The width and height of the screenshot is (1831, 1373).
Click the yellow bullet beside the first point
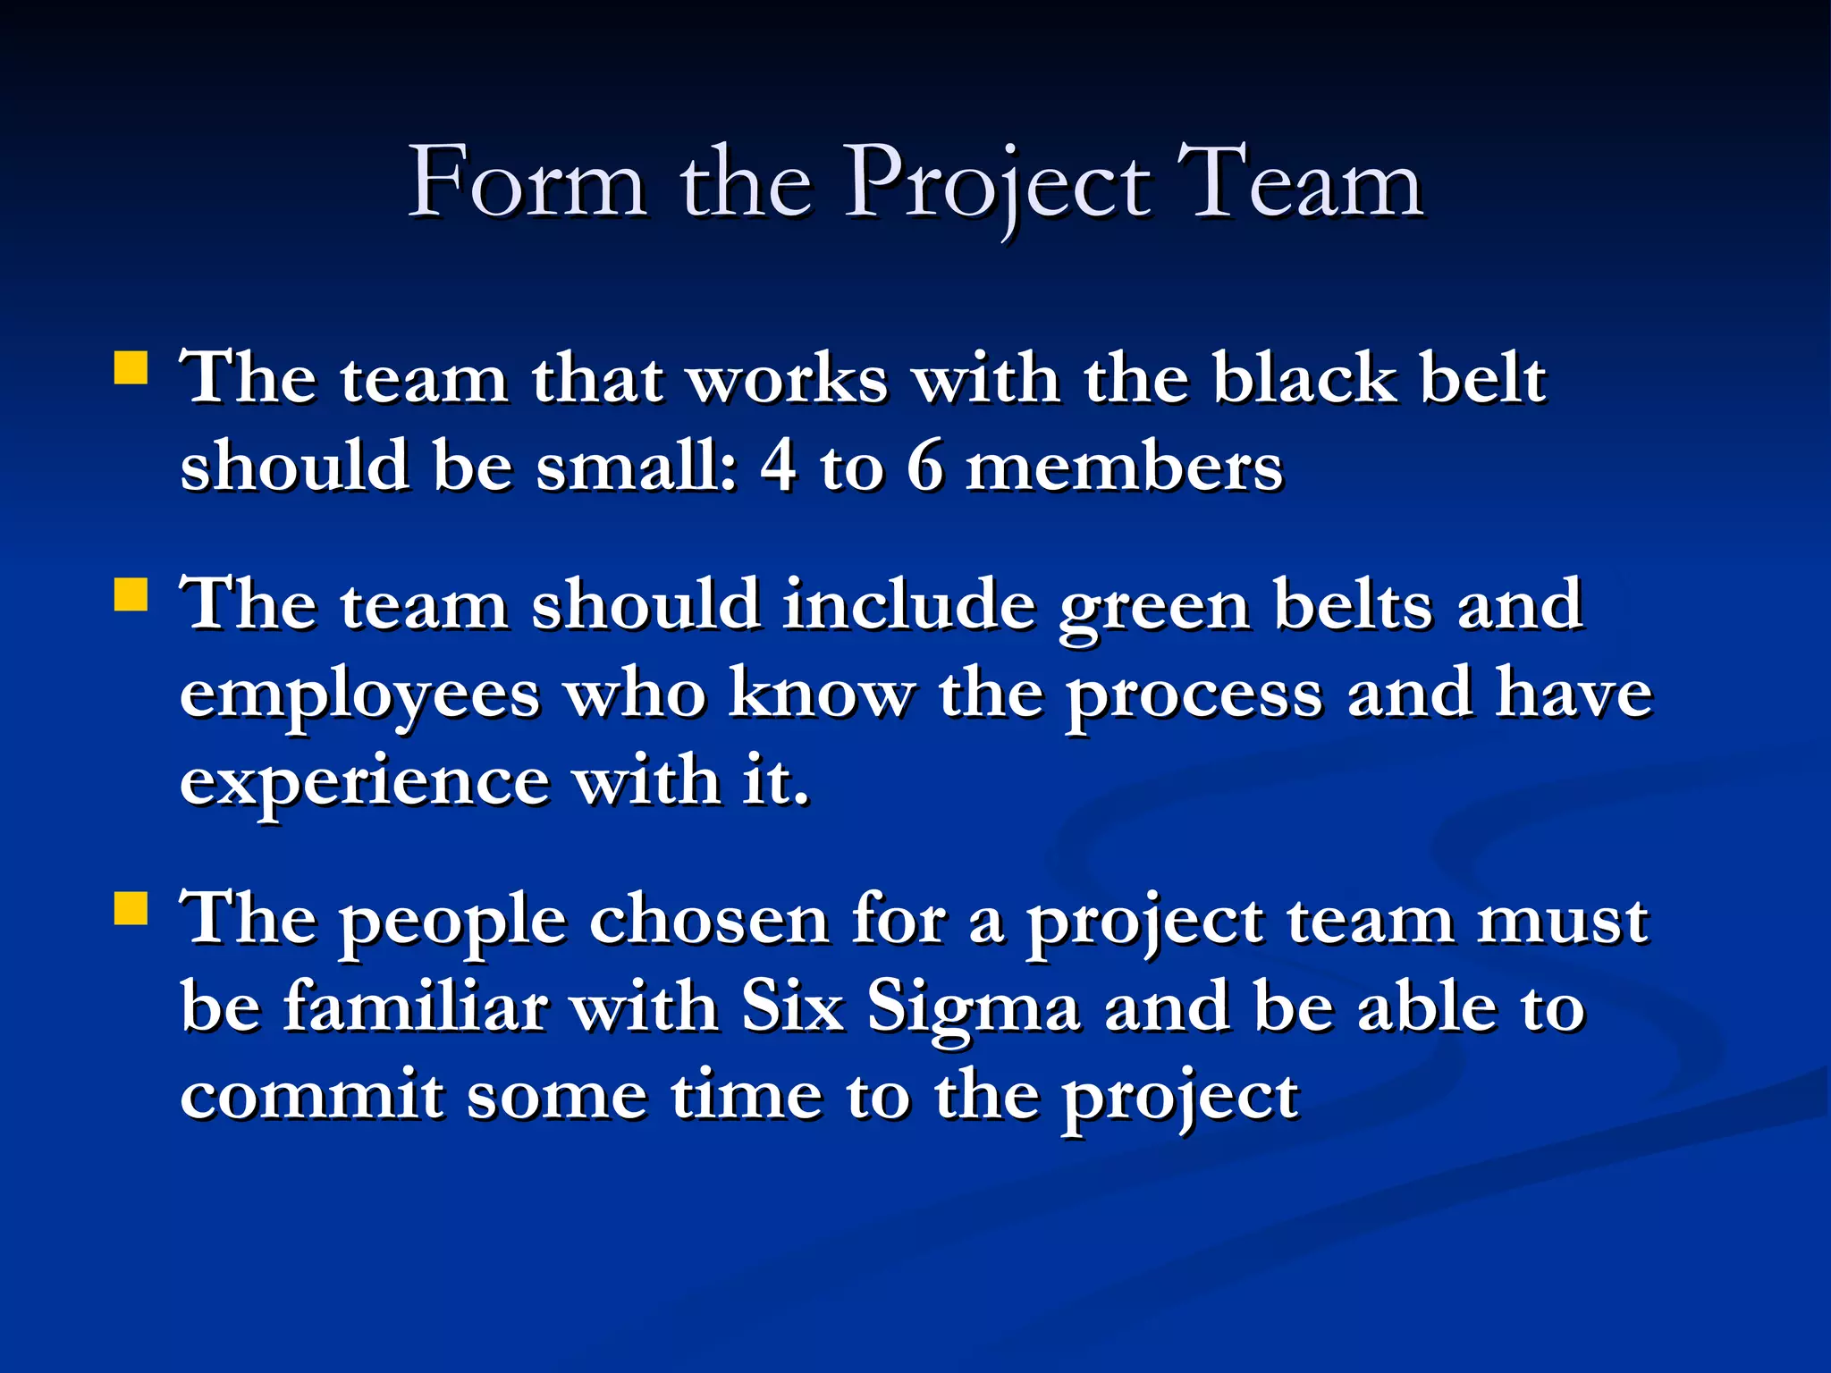[x=131, y=367]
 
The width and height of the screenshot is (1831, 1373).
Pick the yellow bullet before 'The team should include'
[x=131, y=594]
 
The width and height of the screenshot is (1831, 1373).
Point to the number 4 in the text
[x=778, y=467]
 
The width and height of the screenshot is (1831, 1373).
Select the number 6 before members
[x=924, y=467]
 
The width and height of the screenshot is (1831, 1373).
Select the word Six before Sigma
[x=792, y=1007]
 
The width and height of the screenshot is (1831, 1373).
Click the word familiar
[x=415, y=1007]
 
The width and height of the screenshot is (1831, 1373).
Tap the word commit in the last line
[x=312, y=1096]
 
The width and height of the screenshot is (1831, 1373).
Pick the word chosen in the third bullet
[x=709, y=920]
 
